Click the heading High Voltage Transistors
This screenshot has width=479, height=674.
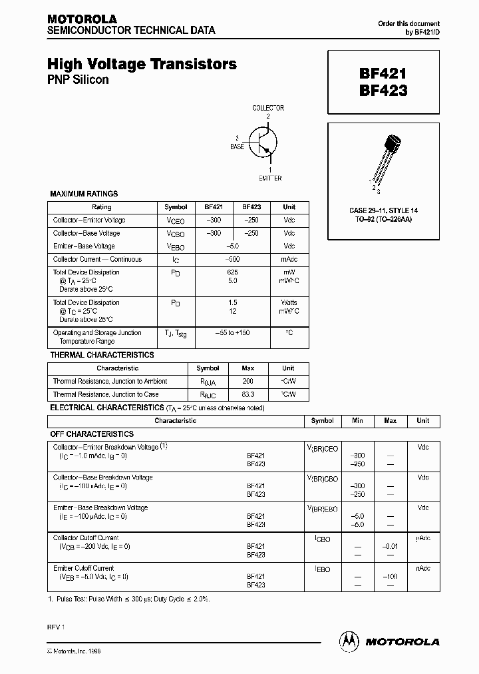pyautogui.click(x=142, y=65)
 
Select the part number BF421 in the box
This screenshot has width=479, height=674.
pyautogui.click(x=383, y=74)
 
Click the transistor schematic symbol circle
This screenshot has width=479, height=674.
pyautogui.click(x=263, y=143)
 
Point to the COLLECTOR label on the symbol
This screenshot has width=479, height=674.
pyautogui.click(x=268, y=108)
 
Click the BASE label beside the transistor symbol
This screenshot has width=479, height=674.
pyautogui.click(x=237, y=146)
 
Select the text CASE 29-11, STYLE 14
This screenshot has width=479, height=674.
pyautogui.click(x=384, y=211)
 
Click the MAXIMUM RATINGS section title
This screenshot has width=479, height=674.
pyautogui.click(x=84, y=194)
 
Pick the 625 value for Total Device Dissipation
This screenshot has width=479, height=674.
pyautogui.click(x=232, y=272)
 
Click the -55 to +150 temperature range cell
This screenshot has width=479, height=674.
pyautogui.click(x=232, y=332)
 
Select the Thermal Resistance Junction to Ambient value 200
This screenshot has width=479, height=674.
pyautogui.click(x=248, y=382)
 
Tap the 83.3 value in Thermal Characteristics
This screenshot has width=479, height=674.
pyautogui.click(x=248, y=395)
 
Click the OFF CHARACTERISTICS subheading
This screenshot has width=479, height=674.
pyautogui.click(x=92, y=434)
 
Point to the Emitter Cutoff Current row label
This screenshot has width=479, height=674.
pyautogui.click(x=83, y=568)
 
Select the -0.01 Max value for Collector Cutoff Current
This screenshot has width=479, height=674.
pyautogui.click(x=390, y=546)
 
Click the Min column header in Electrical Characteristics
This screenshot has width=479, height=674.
pyautogui.click(x=357, y=421)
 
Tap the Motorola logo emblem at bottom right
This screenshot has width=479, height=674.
pyautogui.click(x=349, y=641)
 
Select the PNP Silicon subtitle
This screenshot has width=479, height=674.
pyautogui.click(x=78, y=80)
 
